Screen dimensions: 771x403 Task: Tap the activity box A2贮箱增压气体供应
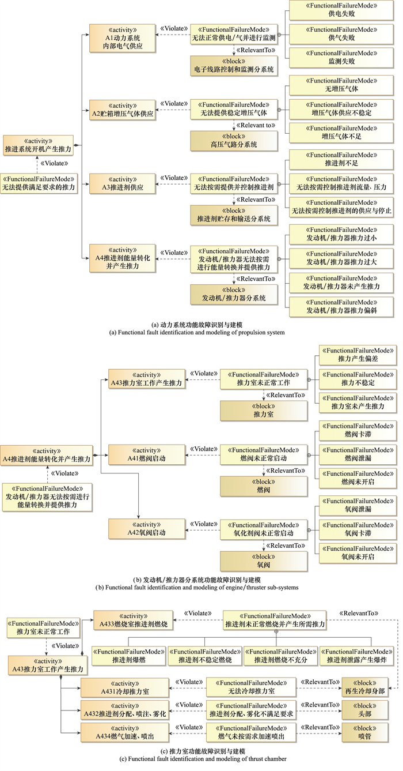pos(123,110)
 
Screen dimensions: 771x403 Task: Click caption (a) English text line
pos(201,333)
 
